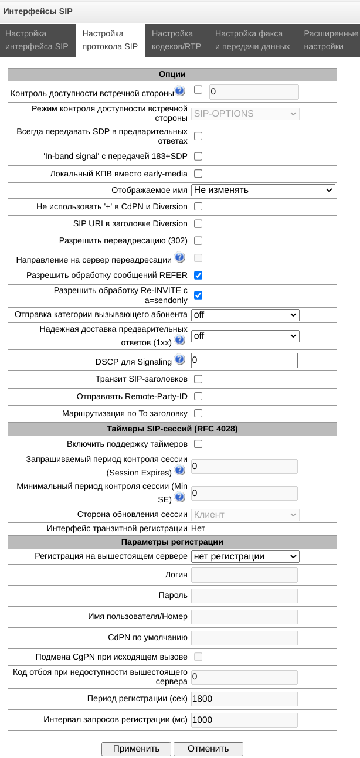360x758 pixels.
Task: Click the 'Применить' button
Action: tap(136, 749)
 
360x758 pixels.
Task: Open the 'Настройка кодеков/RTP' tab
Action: tap(176, 40)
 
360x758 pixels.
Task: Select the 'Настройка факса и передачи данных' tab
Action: tap(252, 40)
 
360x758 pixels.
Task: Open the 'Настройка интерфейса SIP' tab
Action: tap(37, 40)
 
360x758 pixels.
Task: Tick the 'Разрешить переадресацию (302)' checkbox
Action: tap(198, 241)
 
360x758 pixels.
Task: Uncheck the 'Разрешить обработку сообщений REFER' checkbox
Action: tap(198, 275)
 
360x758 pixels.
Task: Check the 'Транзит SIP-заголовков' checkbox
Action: tap(198, 379)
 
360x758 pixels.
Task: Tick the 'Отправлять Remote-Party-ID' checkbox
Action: tap(198, 396)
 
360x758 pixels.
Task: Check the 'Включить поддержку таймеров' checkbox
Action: tap(198, 444)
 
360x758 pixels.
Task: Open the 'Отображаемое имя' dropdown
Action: tap(263, 190)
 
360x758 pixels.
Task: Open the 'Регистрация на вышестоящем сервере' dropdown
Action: tap(245, 556)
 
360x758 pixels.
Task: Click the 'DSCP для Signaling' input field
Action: tap(244, 360)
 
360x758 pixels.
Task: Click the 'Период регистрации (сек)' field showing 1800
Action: tap(244, 699)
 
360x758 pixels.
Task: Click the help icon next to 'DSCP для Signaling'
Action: tap(179, 360)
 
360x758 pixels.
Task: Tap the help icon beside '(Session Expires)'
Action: tap(179, 470)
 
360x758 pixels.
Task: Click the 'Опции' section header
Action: tap(172, 74)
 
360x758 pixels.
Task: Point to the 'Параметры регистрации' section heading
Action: tap(172, 542)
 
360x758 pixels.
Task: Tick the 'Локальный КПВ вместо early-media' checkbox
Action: tap(198, 174)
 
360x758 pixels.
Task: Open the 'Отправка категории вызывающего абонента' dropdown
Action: tap(245, 315)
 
